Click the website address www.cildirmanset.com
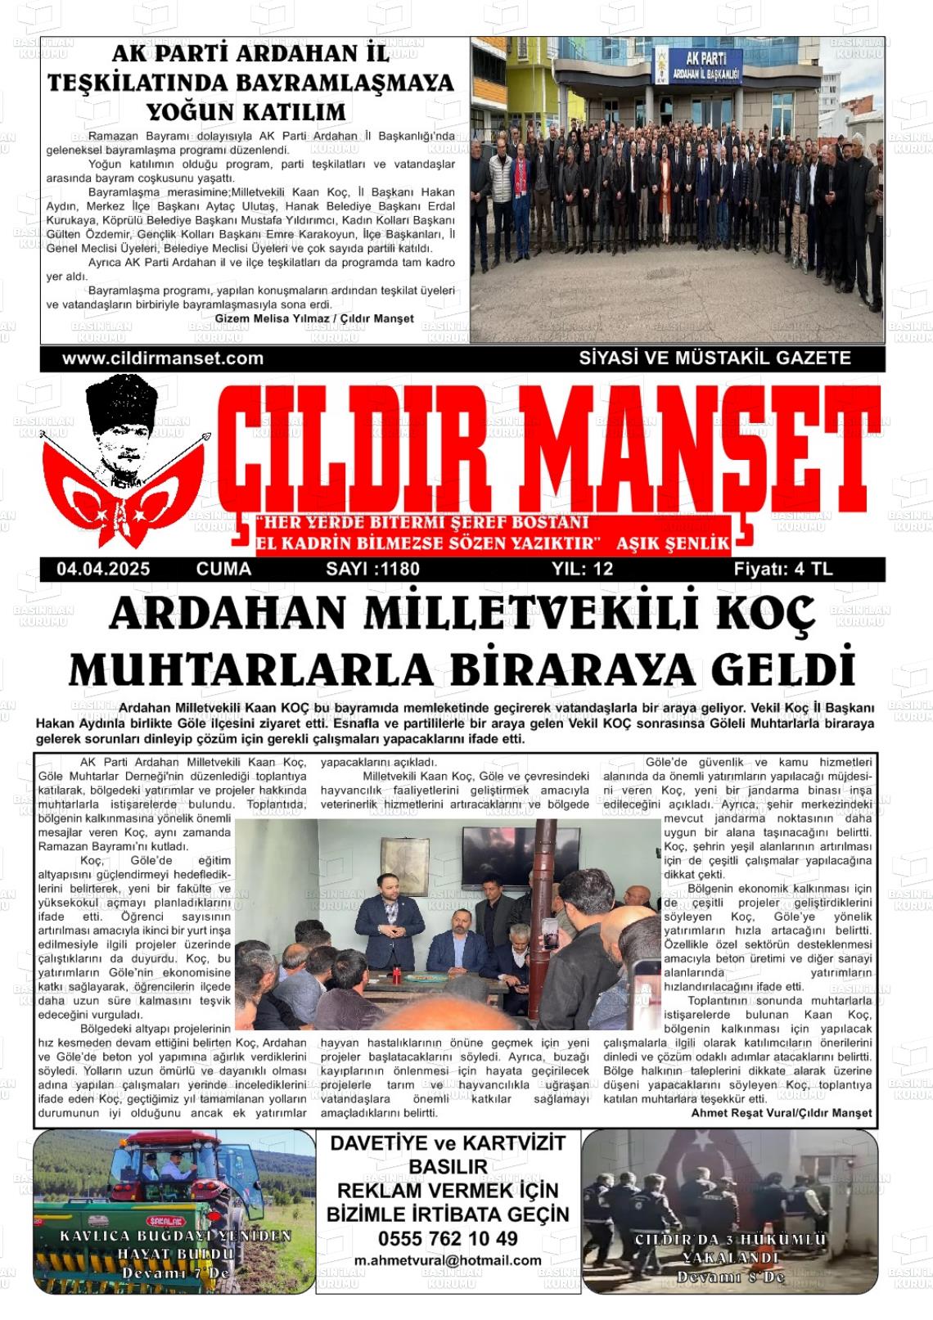coord(163,358)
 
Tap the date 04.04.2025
coord(104,570)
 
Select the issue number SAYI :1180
coord(372,570)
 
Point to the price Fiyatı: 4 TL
coord(782,570)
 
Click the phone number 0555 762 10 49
coord(448,1238)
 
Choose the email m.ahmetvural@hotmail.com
coord(448,1260)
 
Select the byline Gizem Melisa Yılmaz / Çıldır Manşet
coord(314,318)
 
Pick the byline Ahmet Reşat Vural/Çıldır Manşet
coord(782,1113)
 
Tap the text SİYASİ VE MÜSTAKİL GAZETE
coord(714,358)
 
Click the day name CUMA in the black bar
coord(223,570)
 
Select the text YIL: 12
coord(582,570)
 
